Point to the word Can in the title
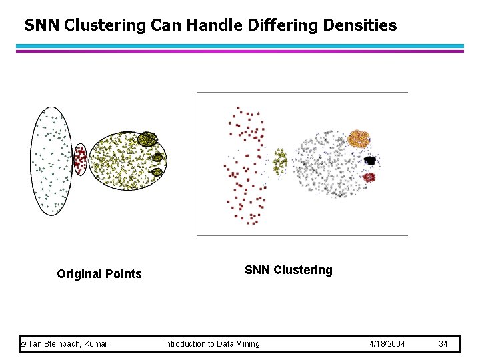coord(165,26)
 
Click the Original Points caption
coord(99,274)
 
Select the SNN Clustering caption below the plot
coord(288,270)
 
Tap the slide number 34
coord(444,344)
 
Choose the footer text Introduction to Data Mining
coord(212,344)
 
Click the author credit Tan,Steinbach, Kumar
coord(64,344)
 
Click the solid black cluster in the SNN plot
coord(370,160)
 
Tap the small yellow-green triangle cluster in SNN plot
coord(280,160)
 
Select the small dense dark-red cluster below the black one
coord(369,177)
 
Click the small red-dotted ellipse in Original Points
coord(80,159)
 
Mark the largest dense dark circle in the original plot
coord(147,140)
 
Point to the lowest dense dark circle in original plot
coord(157,172)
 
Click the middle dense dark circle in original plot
coord(157,158)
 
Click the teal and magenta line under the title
coord(240,48)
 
